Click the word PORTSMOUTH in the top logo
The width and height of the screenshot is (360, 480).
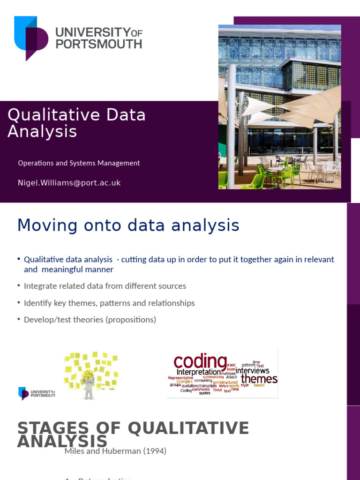click(x=98, y=44)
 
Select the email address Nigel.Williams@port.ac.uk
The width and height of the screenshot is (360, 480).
click(x=69, y=183)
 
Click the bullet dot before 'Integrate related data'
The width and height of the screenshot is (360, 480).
click(x=19, y=285)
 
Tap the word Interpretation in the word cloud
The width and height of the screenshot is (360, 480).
click(x=198, y=372)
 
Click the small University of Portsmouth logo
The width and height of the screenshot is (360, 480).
click(x=36, y=393)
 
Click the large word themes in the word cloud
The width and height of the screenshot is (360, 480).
click(x=259, y=379)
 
